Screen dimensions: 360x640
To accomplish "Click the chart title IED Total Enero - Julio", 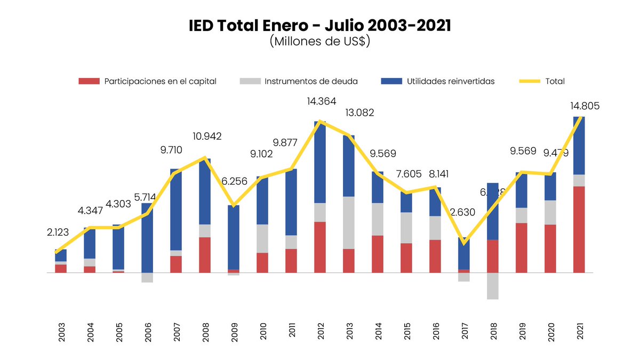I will click(x=320, y=26).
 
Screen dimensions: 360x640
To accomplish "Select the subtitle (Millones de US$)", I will click(x=320, y=42).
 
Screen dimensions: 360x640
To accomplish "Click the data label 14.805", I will click(x=585, y=106).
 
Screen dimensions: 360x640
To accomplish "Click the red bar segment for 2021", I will click(x=579, y=229).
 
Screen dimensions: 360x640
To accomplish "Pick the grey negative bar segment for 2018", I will click(x=493, y=286).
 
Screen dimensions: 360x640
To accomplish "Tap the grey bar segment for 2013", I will click(x=349, y=222).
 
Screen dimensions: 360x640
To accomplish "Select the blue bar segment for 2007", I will click(x=176, y=210).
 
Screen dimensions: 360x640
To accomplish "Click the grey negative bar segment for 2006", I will click(x=147, y=277).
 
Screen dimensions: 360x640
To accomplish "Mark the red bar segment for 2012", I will click(x=320, y=247).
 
